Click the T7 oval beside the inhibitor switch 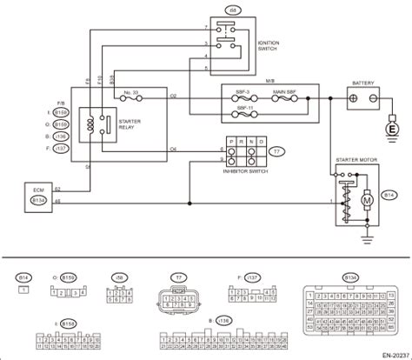click(276, 150)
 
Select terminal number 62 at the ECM click(57, 188)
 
